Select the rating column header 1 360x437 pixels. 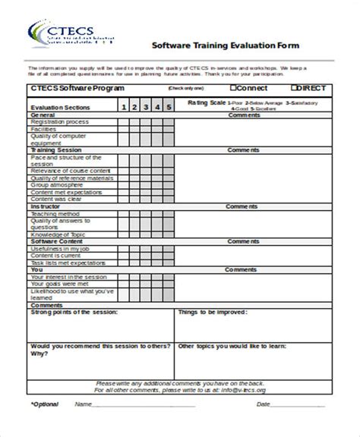(x=124, y=107)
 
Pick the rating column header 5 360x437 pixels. (x=169, y=107)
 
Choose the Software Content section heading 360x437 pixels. (x=58, y=241)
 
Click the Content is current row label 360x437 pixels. (x=58, y=255)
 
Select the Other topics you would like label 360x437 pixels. (x=232, y=346)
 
